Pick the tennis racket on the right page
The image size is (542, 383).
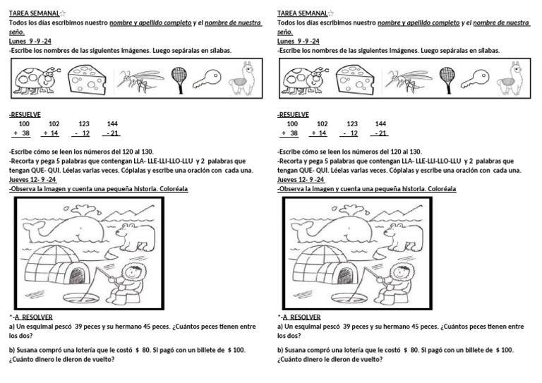(447, 78)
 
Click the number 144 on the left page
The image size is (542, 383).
(112, 123)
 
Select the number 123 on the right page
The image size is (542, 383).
(352, 123)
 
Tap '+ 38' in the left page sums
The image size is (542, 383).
(21, 133)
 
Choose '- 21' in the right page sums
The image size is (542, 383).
(380, 133)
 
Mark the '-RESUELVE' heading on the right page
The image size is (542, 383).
(293, 114)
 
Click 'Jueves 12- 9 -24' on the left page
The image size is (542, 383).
(32, 180)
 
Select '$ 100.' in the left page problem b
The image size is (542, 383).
(232, 350)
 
